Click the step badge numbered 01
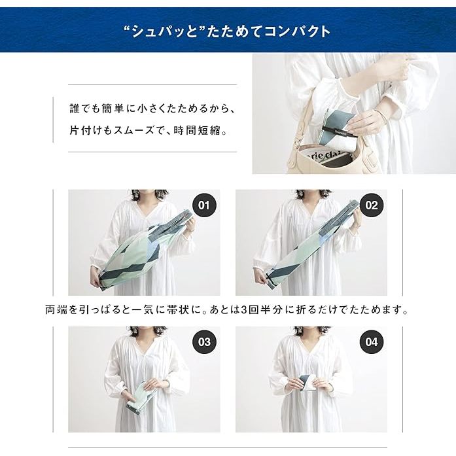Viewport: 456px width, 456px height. (204, 205)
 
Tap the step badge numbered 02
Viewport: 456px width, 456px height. (372, 205)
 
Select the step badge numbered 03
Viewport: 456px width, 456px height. (204, 342)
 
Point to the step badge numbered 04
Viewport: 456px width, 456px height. (372, 342)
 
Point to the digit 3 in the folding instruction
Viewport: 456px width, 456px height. (245, 309)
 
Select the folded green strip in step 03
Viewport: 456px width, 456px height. (139, 396)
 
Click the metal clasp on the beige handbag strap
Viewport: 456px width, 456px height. (297, 141)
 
